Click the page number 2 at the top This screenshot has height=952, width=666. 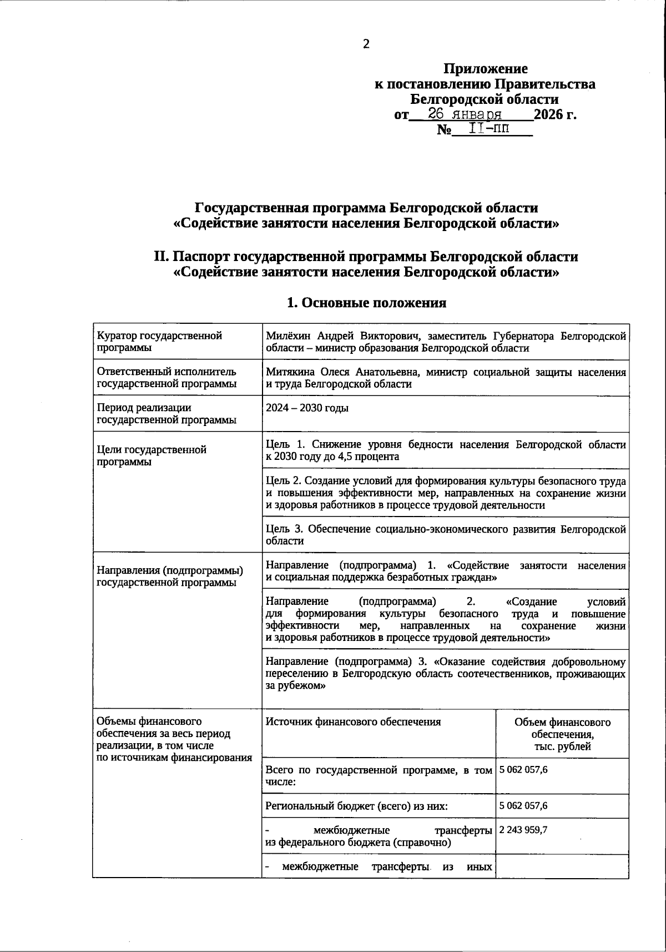click(x=366, y=45)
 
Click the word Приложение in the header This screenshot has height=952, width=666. click(x=485, y=69)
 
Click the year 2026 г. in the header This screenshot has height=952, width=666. click(x=554, y=115)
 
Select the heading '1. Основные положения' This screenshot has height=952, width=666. click(x=366, y=303)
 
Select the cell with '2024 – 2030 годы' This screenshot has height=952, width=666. click(x=307, y=408)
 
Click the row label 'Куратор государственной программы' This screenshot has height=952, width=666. click(x=159, y=342)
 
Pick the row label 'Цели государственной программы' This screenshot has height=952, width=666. click(x=152, y=455)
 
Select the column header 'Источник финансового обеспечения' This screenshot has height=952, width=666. click(x=353, y=722)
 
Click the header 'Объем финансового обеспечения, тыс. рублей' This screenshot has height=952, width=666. click(x=562, y=734)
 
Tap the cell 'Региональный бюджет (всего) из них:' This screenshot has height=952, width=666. click(x=356, y=806)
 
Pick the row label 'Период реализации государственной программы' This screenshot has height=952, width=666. click(x=167, y=414)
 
